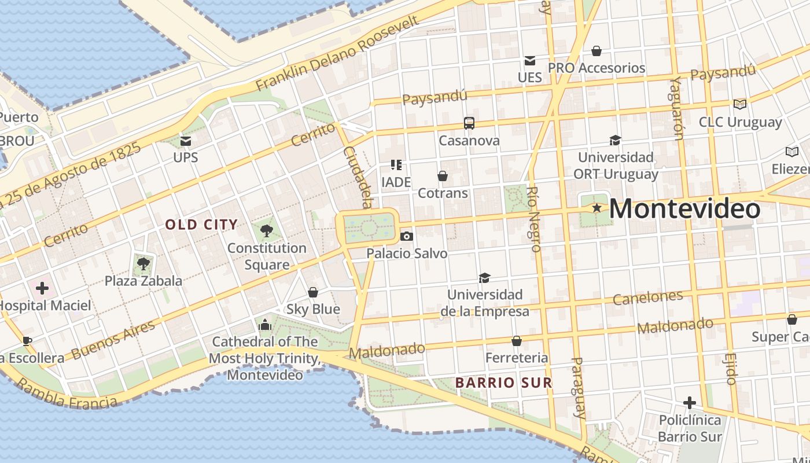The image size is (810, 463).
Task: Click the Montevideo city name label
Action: [684, 209]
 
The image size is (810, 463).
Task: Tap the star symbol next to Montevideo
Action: [597, 207]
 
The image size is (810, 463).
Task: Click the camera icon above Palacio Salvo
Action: [407, 236]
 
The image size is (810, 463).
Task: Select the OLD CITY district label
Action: [201, 225]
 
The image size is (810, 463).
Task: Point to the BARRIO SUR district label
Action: [503, 383]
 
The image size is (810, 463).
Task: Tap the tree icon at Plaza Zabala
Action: [143, 264]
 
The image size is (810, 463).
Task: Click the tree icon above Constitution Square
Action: [266, 231]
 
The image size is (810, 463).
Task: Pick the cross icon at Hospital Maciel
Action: [42, 288]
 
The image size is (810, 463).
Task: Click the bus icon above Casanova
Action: [469, 123]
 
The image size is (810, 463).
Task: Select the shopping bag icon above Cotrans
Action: [443, 175]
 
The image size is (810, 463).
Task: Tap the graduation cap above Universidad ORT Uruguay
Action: [615, 140]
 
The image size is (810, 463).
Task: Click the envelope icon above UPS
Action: [186, 141]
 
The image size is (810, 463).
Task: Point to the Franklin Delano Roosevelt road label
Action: [337, 53]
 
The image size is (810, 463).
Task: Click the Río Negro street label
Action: [534, 219]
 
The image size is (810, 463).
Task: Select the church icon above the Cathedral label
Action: [265, 325]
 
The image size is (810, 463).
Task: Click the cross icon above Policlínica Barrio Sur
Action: [689, 402]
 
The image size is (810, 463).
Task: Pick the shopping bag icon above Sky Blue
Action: [313, 292]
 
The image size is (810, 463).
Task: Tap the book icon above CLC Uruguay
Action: [739, 104]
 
